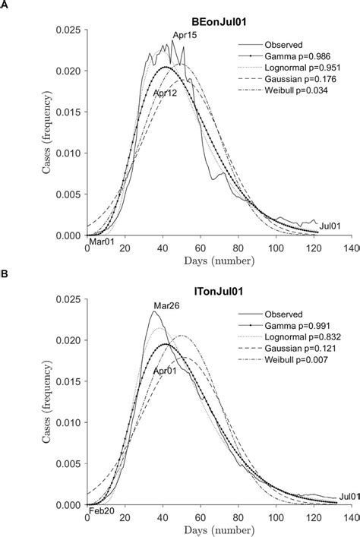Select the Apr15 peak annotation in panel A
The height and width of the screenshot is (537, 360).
[x=185, y=36]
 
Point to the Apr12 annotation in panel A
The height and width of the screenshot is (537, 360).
[x=166, y=93]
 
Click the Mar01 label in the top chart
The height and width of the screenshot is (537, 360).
[x=103, y=242]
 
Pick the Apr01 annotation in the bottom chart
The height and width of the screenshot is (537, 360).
[x=166, y=371]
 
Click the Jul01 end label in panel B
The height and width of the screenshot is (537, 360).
[x=348, y=496]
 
